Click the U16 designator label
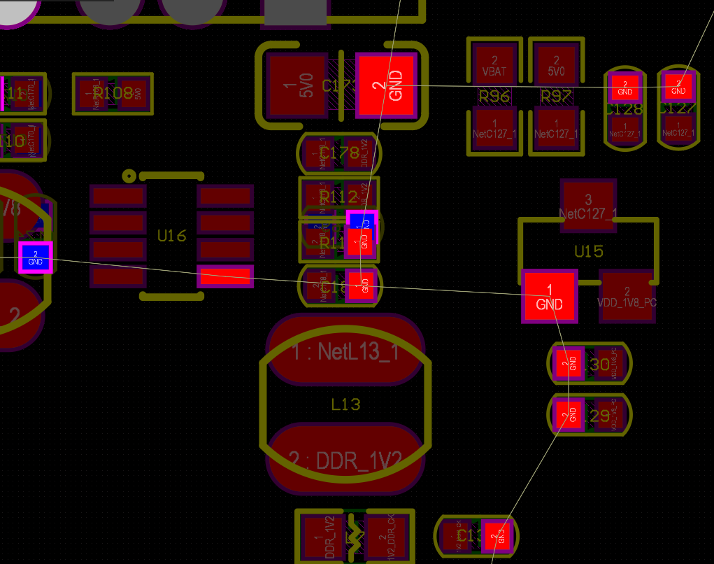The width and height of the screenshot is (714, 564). click(x=171, y=236)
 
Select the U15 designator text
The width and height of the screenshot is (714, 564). click(x=588, y=251)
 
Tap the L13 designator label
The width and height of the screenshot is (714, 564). click(x=345, y=404)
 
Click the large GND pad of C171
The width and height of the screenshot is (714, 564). click(x=386, y=85)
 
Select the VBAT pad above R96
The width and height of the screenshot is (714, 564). click(x=494, y=66)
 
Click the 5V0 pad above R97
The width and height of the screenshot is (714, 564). click(x=556, y=66)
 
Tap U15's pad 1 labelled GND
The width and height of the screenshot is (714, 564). click(x=549, y=297)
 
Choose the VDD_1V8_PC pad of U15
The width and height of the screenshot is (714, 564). click(x=627, y=296)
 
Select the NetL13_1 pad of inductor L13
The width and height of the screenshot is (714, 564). click(x=345, y=351)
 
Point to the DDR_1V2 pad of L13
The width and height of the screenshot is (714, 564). click(x=345, y=458)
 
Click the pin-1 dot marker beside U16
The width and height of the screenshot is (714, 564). click(x=129, y=176)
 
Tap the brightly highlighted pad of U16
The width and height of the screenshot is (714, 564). click(x=225, y=276)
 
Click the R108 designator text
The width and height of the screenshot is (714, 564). click(x=113, y=93)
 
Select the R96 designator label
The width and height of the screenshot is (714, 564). click(x=494, y=97)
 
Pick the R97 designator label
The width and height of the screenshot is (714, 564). click(x=556, y=97)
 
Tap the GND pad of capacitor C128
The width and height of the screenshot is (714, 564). click(x=625, y=87)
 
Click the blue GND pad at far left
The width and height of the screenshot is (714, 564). click(x=35, y=257)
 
